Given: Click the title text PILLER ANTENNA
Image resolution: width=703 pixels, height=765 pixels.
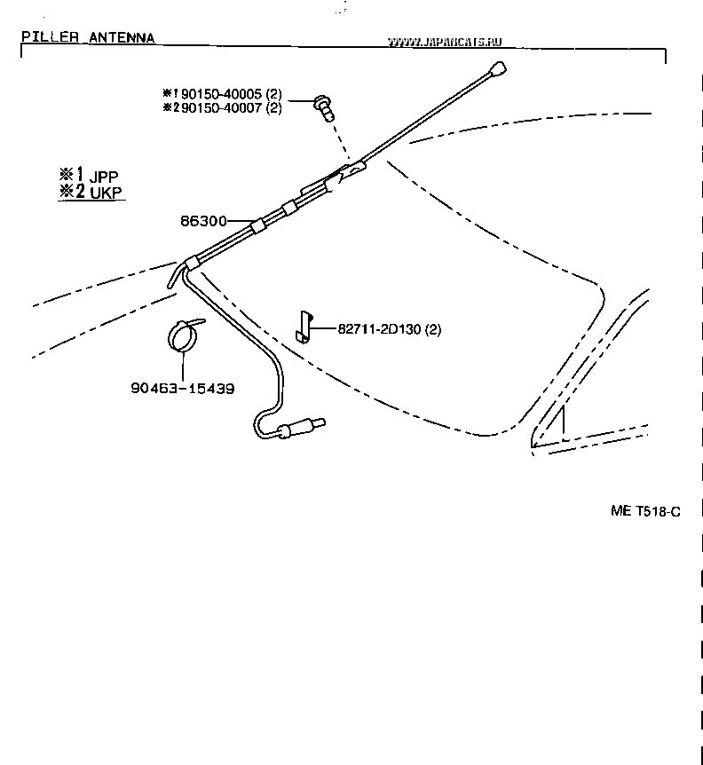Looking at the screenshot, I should pos(88,37).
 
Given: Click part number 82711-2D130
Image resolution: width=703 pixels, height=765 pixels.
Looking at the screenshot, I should pos(379,329).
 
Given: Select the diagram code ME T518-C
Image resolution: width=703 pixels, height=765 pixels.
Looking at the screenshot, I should pos(644,511).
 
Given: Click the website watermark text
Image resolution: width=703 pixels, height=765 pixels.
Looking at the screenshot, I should pos(446,41).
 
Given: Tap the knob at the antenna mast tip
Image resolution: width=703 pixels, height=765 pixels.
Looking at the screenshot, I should pos(499,67).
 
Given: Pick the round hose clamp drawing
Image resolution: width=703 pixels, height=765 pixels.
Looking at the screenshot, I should pos(184,335).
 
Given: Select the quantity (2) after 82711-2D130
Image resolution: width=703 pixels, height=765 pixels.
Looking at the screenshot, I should pos(432,329).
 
